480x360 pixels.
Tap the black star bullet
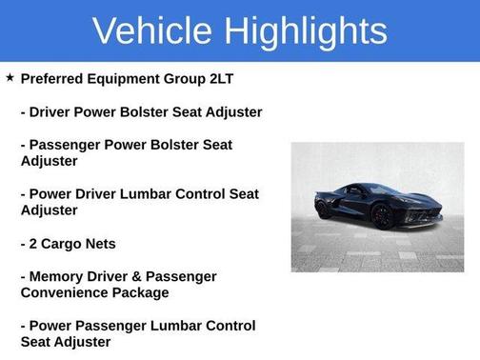(x=10, y=76)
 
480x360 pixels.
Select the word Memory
(x=58, y=276)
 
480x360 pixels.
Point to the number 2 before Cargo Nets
(x=34, y=243)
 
